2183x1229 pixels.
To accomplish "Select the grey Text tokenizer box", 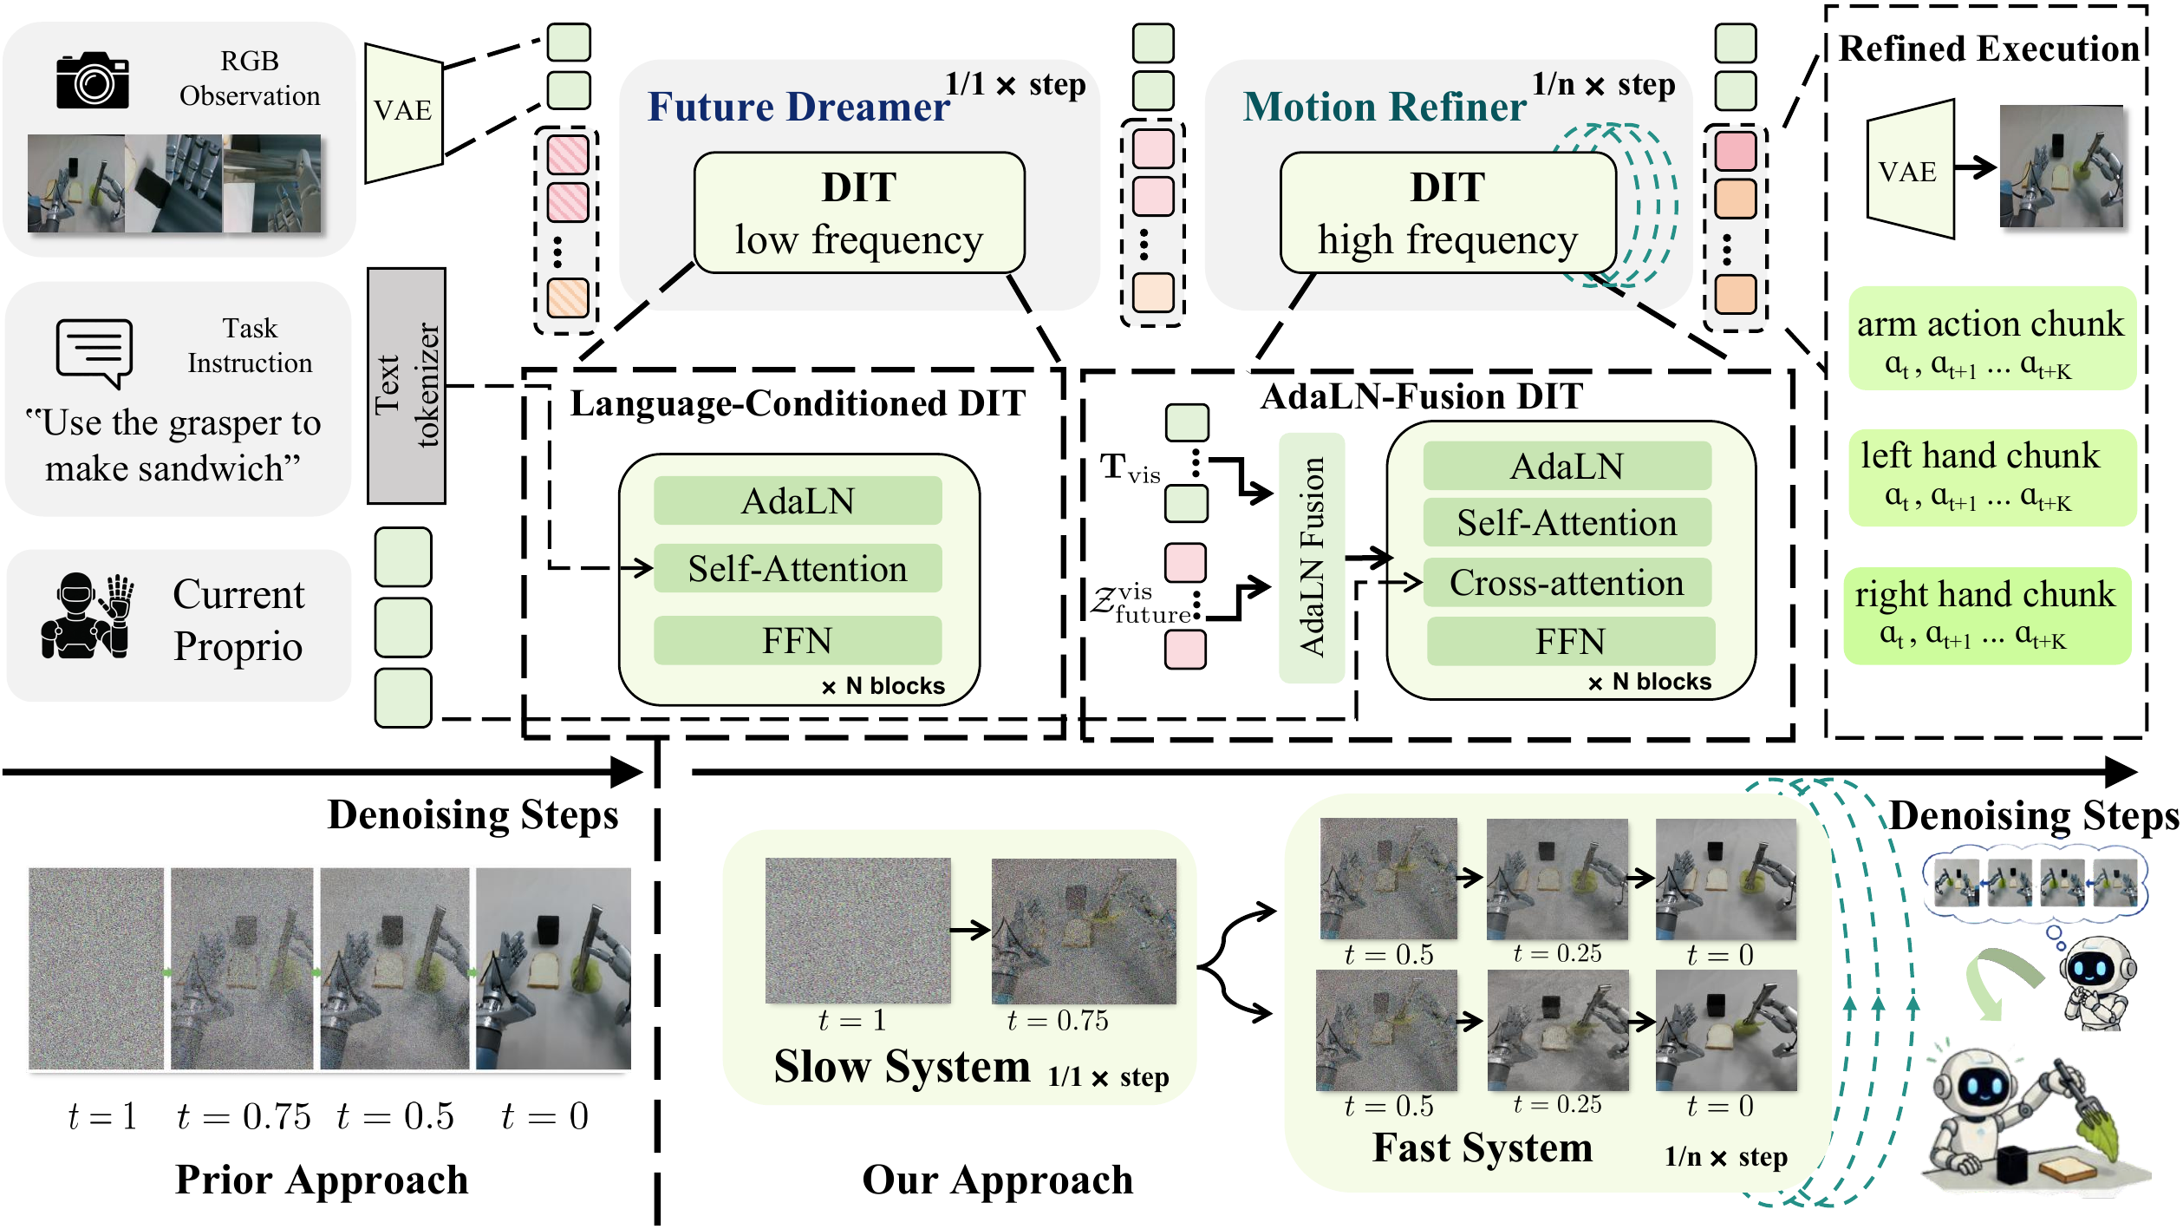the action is point(406,385).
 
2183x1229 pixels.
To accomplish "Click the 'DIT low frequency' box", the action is point(859,213).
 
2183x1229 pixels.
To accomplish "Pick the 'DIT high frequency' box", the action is point(1448,213).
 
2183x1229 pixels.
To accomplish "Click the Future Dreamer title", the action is point(798,107).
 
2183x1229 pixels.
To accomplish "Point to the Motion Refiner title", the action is point(1385,107).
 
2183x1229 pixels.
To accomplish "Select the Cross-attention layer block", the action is point(1567,583).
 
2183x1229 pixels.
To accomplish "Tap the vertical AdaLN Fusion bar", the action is point(1312,558).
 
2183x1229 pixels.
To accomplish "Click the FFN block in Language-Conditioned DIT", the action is point(798,640).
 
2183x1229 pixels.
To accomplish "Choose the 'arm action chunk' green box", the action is point(1991,339).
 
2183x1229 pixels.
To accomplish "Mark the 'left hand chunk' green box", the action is point(1991,478).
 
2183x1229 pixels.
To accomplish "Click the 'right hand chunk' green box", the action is point(1987,617).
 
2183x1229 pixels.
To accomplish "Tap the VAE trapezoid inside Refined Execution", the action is point(1910,169).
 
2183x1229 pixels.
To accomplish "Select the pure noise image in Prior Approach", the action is point(96,969).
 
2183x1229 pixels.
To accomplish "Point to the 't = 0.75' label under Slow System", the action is point(1058,1021).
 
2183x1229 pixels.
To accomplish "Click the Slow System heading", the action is point(902,1066).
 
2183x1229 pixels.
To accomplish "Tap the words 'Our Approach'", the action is point(998,1180).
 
